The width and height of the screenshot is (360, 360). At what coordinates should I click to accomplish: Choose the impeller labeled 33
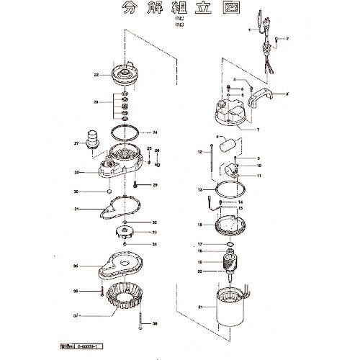[x=125, y=233]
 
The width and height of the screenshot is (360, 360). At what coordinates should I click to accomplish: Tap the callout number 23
[x=95, y=103]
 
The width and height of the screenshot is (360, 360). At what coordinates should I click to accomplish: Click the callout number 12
[x=199, y=152]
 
